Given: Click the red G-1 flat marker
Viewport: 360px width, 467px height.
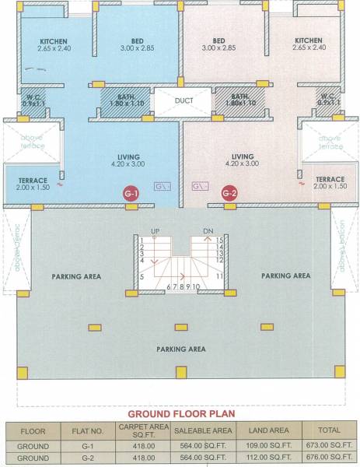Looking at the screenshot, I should pos(131,193).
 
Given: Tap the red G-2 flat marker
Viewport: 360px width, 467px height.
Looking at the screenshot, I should pos(229,193).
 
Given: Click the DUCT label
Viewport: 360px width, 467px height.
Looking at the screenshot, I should pos(184,100).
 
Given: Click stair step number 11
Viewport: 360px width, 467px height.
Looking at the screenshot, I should pos(220,276).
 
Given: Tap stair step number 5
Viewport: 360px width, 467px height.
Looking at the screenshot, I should pos(142,276).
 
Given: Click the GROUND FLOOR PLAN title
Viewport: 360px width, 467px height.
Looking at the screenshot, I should pos(180,414).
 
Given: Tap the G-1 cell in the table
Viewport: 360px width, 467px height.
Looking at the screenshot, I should pos(87,447).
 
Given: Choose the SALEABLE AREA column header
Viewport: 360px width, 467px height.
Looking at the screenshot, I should pos(204,430).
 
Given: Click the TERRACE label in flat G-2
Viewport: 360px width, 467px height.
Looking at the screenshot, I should pos(330,179).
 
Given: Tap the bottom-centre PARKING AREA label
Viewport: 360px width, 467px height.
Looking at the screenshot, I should pos(180,349).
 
